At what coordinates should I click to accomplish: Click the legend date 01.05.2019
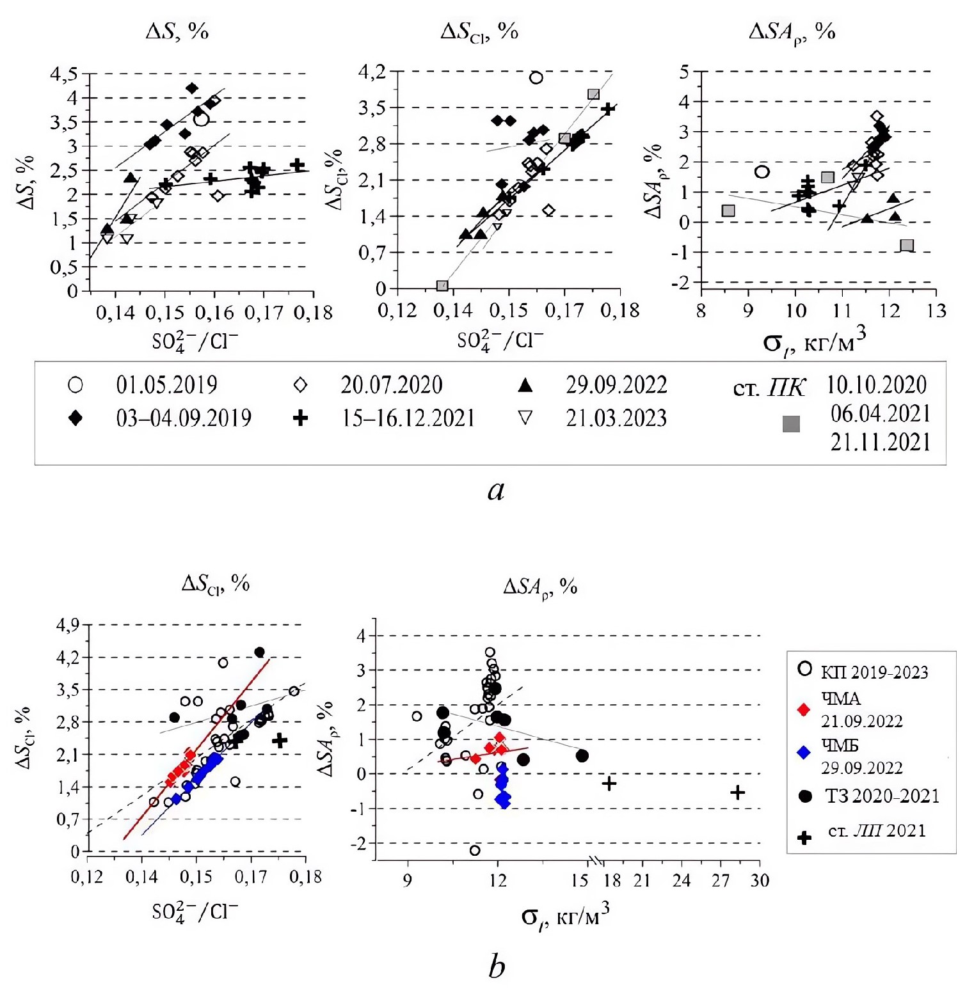[166, 385]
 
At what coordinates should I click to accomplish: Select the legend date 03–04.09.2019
[184, 418]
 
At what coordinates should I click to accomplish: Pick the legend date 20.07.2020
[391, 385]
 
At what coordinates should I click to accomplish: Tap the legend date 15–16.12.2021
[408, 418]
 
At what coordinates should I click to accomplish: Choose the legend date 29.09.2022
[616, 385]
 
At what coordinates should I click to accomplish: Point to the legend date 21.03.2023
[616, 418]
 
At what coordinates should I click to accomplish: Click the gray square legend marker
[791, 424]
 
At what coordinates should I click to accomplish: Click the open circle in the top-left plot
[202, 119]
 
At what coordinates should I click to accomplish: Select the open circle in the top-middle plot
[536, 77]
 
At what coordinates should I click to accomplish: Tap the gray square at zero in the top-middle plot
[442, 285]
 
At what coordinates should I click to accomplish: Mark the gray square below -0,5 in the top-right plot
[906, 245]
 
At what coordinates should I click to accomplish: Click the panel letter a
[496, 491]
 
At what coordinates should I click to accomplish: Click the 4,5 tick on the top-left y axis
[64, 74]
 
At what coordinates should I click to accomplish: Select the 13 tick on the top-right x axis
[936, 311]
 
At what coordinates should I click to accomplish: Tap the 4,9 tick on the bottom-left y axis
[67, 625]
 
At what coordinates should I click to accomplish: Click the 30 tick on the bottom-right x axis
[760, 881]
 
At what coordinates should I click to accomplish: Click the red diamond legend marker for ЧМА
[804, 709]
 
